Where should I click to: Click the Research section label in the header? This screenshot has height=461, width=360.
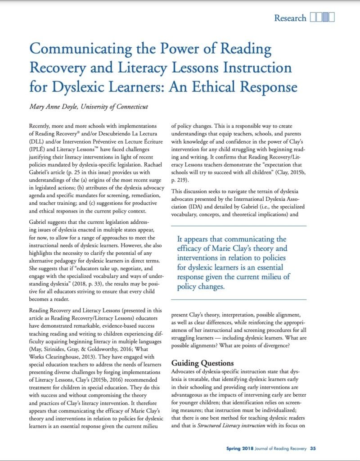[290, 18]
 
